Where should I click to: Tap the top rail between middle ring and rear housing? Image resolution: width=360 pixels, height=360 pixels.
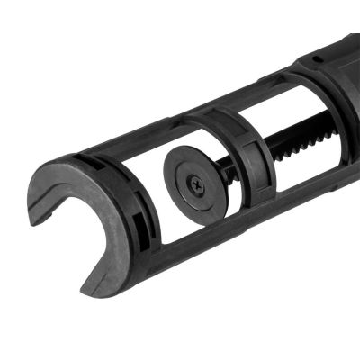pos(261,90)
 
